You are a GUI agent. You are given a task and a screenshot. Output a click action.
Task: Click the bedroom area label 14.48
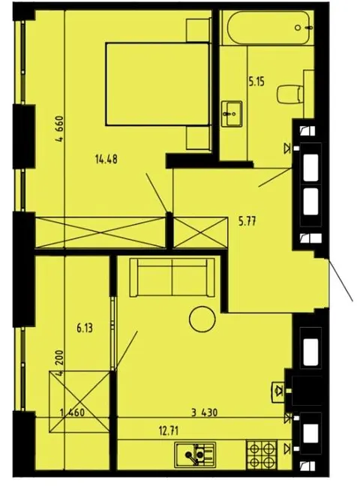[106, 160]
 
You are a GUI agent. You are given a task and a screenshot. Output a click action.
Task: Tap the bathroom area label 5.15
[256, 82]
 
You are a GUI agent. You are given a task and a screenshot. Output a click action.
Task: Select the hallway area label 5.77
[247, 221]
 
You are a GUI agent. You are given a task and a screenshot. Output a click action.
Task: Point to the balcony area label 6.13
[85, 328]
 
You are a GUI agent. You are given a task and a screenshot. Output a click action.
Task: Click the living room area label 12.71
[169, 430]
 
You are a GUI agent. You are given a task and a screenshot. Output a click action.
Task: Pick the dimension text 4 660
[59, 129]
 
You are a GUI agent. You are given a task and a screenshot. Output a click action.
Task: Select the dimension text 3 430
[204, 412]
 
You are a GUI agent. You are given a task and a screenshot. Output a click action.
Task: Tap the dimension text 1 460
[72, 412]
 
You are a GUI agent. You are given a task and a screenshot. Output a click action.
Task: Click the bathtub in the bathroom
[268, 28]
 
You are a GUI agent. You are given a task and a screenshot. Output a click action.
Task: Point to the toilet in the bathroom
[290, 94]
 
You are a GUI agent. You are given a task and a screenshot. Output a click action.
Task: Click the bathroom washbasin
[232, 114]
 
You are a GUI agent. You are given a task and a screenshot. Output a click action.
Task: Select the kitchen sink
[195, 454]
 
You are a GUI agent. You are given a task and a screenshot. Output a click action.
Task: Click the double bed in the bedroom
[157, 84]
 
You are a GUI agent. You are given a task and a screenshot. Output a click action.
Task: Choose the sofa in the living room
[172, 277]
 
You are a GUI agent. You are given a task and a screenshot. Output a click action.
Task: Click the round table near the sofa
[202, 319]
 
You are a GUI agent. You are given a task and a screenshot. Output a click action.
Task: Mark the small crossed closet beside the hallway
[199, 232]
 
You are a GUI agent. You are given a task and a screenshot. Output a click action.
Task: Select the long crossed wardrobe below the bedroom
[100, 232]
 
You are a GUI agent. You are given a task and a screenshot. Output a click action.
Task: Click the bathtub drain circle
[298, 28]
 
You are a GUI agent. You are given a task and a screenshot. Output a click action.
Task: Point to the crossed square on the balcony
[79, 401]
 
